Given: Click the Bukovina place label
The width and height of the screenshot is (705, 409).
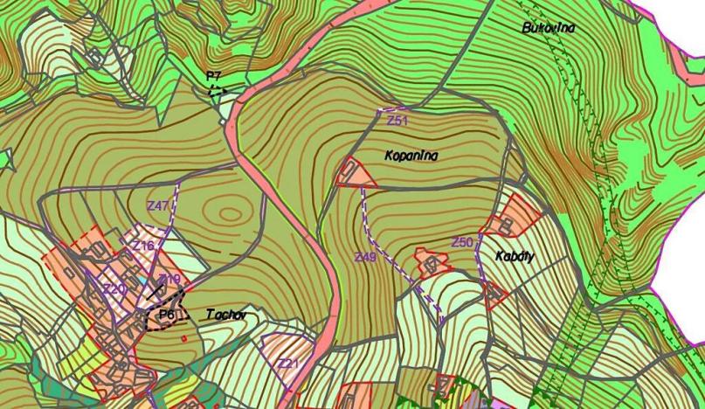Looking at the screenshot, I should (549, 28).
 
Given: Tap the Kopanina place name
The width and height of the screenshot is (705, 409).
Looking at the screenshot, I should (411, 156).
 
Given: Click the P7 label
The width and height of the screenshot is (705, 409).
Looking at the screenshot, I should (213, 76).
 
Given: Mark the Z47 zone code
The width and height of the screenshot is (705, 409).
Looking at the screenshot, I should (158, 205).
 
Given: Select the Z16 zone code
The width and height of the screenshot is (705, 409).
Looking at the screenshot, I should (143, 246).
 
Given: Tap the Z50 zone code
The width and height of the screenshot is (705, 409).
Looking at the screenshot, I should (462, 241).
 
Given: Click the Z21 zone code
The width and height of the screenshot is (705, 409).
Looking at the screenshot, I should (288, 363).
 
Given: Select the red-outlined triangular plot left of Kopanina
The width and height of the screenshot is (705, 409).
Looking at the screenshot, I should (355, 175).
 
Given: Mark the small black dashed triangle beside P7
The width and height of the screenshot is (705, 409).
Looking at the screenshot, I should (217, 89).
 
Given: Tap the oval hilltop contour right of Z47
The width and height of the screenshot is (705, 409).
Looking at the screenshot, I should (232, 213).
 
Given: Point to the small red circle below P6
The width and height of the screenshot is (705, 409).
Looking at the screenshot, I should (184, 336).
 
